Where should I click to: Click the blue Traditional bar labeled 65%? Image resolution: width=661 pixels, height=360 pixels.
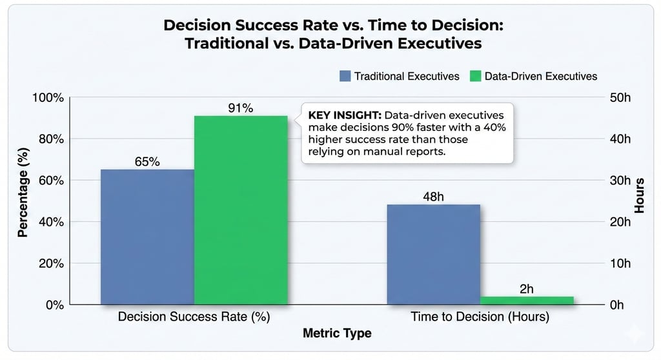click(x=147, y=237)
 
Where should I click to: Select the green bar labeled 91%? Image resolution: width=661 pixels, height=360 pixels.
click(x=241, y=210)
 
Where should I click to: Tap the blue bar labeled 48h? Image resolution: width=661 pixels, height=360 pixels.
click(x=433, y=254)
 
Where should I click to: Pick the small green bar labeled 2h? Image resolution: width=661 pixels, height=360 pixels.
click(x=527, y=300)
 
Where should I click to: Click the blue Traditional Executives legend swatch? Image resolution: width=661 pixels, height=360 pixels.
click(x=345, y=76)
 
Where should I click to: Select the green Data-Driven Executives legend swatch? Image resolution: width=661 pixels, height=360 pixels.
click(x=475, y=76)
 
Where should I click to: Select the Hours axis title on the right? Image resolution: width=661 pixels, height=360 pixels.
click(x=639, y=195)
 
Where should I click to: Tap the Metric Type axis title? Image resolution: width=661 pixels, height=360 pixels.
click(x=337, y=334)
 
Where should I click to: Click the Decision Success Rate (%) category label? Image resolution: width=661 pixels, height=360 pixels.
click(x=194, y=317)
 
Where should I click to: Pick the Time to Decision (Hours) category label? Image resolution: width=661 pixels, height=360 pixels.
click(x=480, y=317)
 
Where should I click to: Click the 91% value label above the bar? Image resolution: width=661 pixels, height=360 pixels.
click(x=241, y=108)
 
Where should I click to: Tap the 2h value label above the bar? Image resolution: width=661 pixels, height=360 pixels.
click(x=527, y=288)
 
